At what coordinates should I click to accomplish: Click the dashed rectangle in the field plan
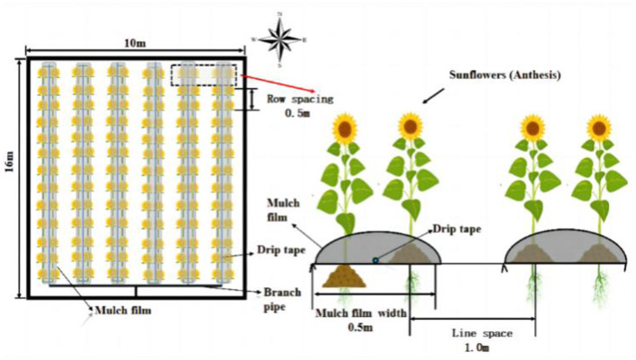[x=203, y=75]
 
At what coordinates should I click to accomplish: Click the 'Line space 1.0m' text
[x=483, y=338]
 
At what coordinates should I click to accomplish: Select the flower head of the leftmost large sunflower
[x=343, y=127]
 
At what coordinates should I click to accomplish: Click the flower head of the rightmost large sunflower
[x=599, y=127]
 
